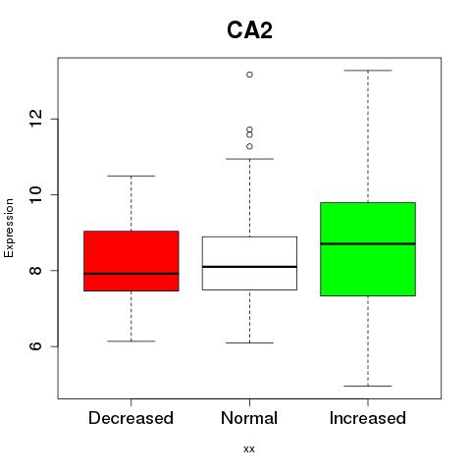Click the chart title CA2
[249, 30]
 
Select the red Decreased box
[131, 261]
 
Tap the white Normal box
[249, 263]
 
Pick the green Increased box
[368, 249]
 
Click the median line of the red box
[131, 274]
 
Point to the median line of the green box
[368, 243]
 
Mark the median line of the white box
[249, 267]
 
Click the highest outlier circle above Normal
[249, 75]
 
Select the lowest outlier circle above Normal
[249, 146]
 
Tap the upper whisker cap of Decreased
[131, 176]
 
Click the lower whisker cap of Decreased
[131, 341]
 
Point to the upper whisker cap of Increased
[368, 71]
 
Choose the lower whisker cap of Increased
[368, 386]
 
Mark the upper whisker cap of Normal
[249, 159]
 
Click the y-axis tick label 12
[36, 119]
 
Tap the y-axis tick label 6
[36, 346]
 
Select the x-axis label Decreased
[131, 418]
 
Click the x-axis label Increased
[368, 418]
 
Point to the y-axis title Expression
[9, 228]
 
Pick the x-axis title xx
[249, 449]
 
